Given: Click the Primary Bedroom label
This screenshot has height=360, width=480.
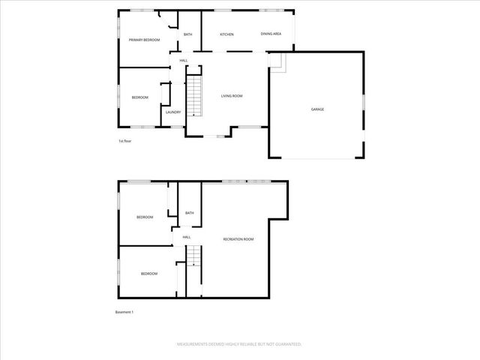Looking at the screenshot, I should [144, 40].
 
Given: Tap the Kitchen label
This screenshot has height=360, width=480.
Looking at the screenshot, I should [226, 34].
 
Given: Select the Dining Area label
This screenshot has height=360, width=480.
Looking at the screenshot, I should [271, 34].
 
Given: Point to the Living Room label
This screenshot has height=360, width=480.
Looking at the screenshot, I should [231, 96].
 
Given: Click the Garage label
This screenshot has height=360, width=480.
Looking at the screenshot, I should [317, 109].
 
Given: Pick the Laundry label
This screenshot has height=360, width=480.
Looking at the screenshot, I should [172, 112].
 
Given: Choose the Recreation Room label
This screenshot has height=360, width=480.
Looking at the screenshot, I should [238, 239].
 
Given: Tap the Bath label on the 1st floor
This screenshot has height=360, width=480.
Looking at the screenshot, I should [188, 34].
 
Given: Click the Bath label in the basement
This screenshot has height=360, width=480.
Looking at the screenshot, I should [190, 213].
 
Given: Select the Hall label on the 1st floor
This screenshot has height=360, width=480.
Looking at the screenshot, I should [183, 60].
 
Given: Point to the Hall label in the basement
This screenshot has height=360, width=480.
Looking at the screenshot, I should [187, 237].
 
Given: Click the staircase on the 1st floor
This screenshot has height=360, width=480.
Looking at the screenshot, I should [194, 96].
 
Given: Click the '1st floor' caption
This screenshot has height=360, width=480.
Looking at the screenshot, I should [124, 141].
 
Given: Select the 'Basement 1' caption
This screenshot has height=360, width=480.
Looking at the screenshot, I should [124, 312].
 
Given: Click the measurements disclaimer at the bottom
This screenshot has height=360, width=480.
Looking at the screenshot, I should [239, 344].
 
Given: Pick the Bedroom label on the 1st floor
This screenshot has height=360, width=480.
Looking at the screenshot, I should [140, 97].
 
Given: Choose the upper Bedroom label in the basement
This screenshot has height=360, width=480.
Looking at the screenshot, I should [145, 217].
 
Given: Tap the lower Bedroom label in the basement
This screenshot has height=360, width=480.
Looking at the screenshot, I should [149, 274].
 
